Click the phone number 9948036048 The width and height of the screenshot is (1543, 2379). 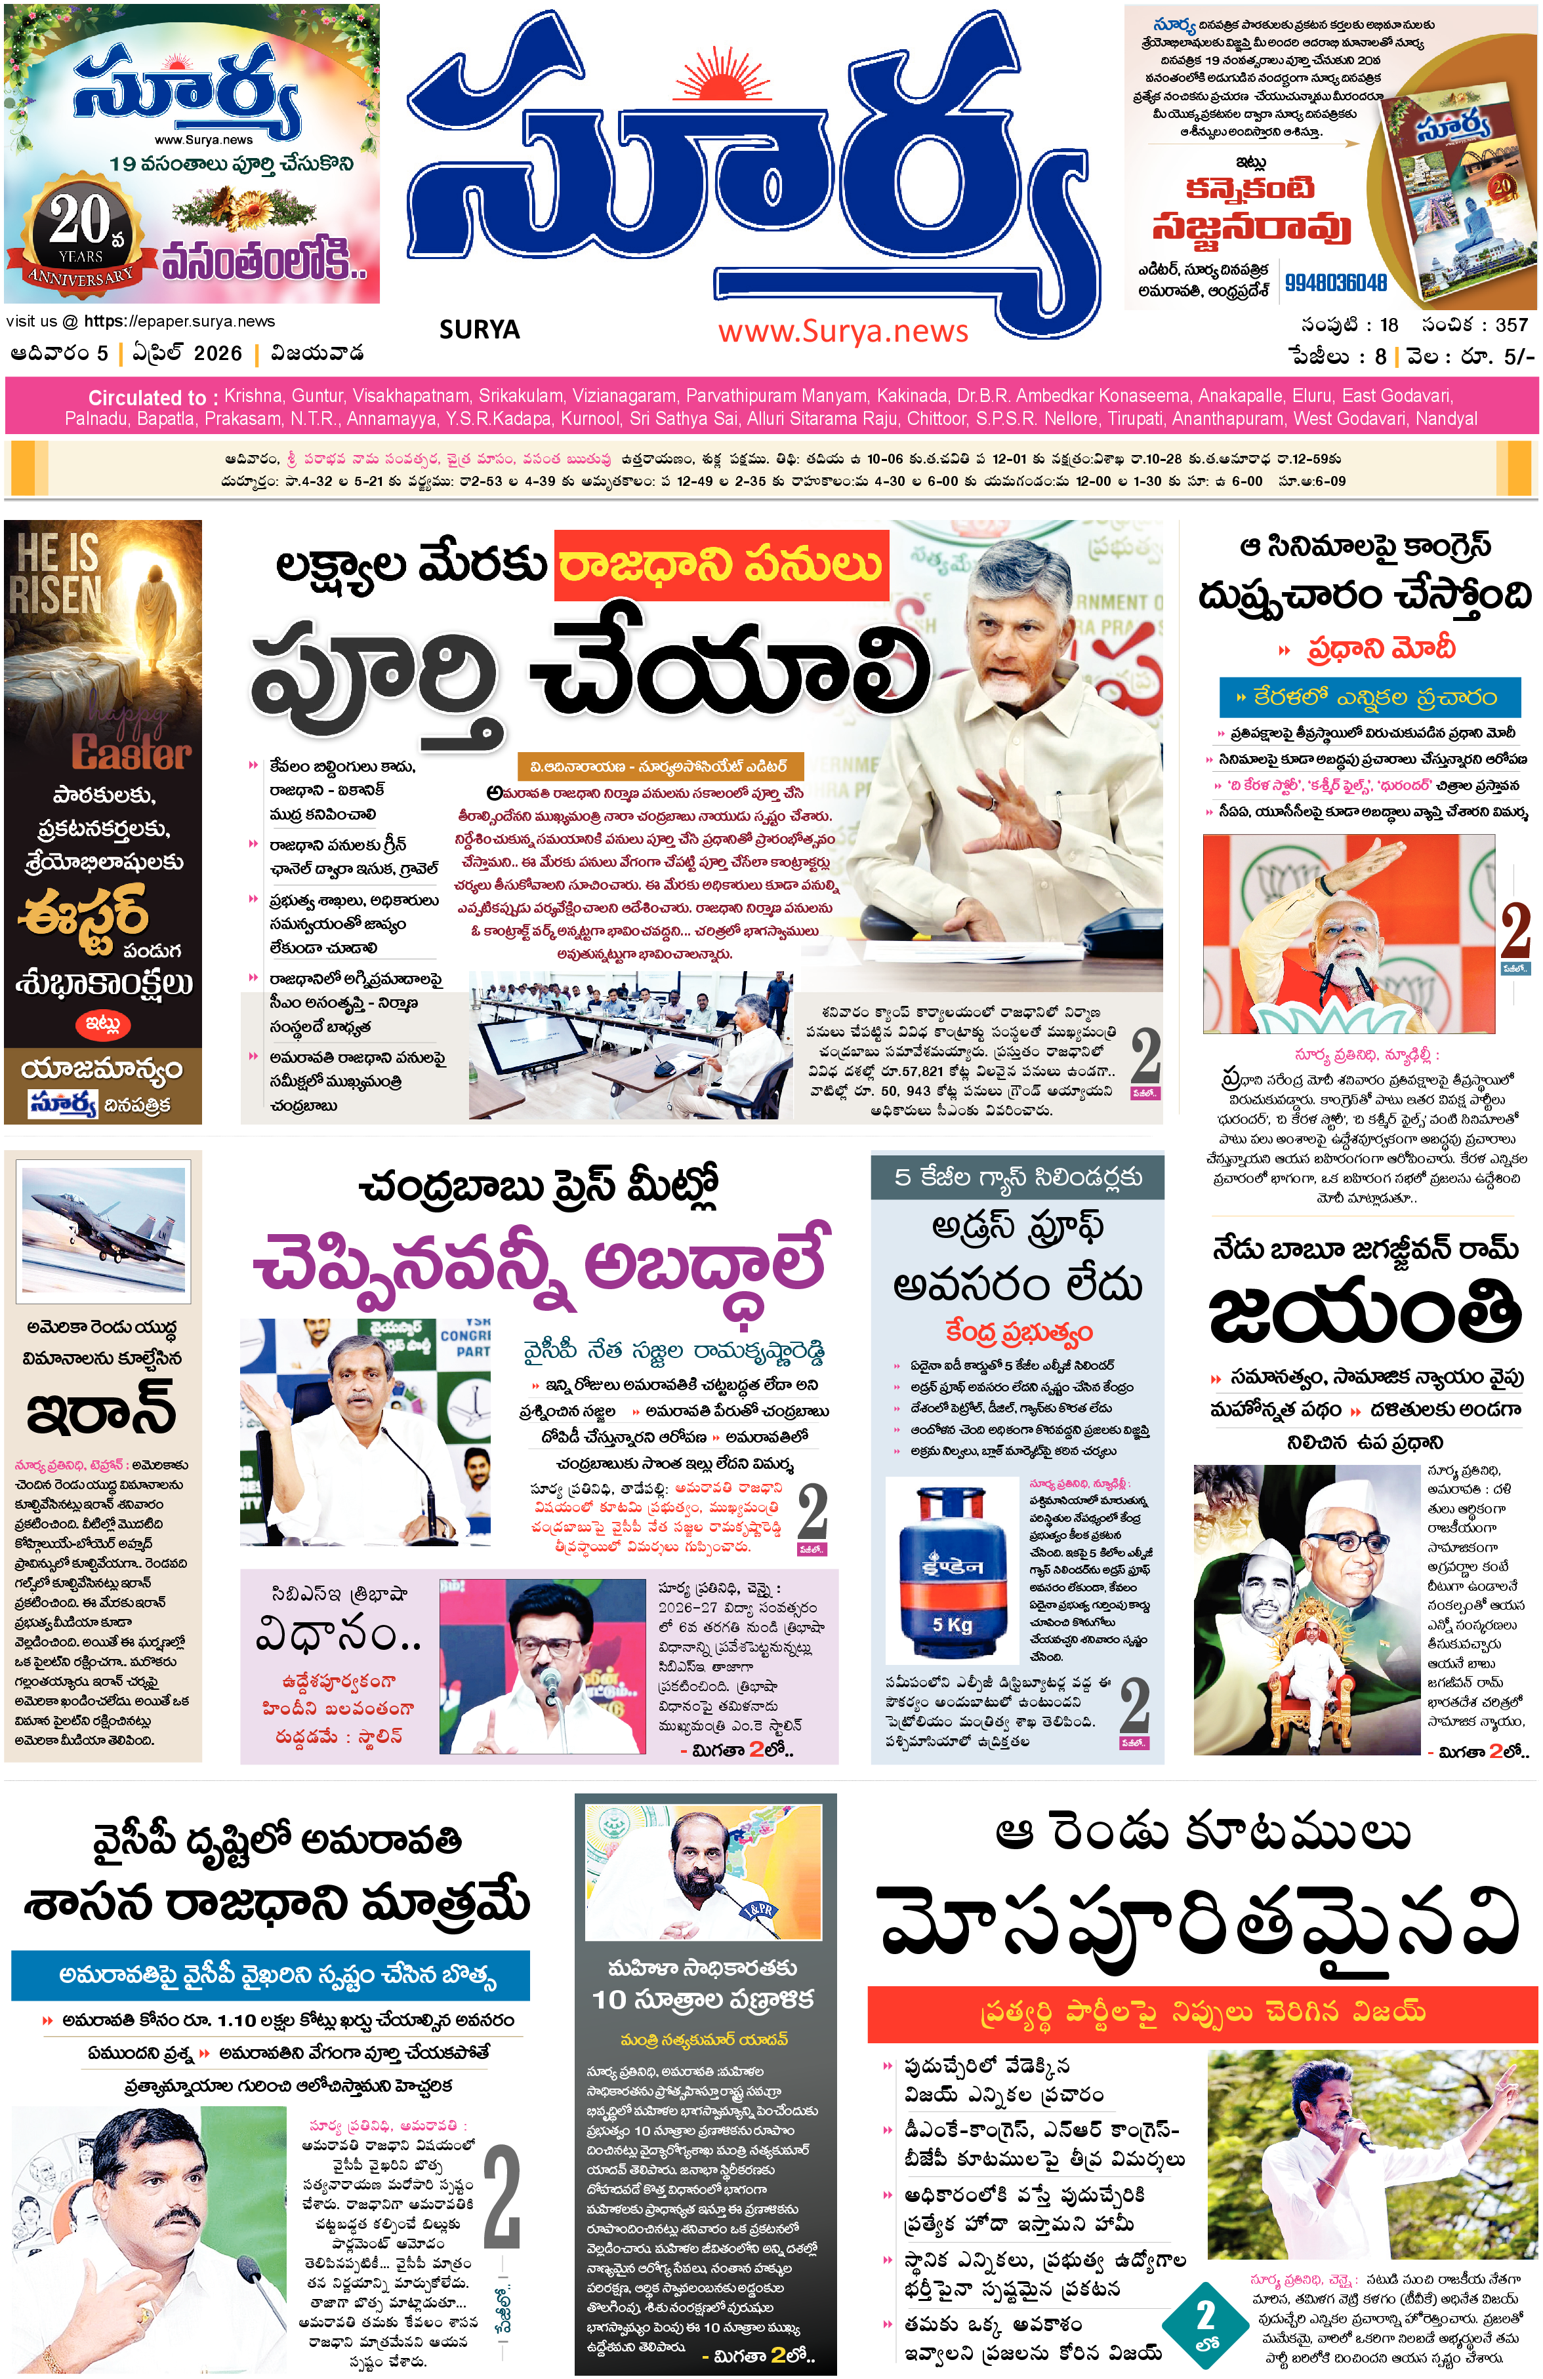[1335, 283]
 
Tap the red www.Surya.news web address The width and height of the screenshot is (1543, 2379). [843, 331]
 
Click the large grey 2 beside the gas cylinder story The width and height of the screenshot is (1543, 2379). [1134, 1704]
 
